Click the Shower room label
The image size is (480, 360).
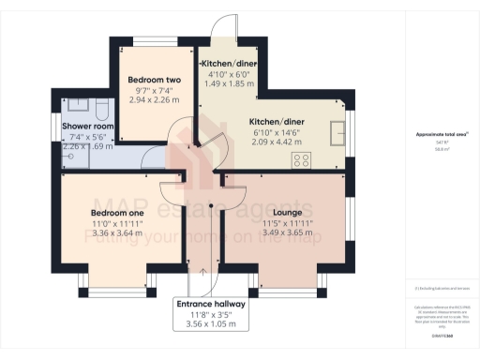[87, 126]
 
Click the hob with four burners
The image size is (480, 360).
[303, 160]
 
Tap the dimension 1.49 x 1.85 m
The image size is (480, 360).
[229, 83]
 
